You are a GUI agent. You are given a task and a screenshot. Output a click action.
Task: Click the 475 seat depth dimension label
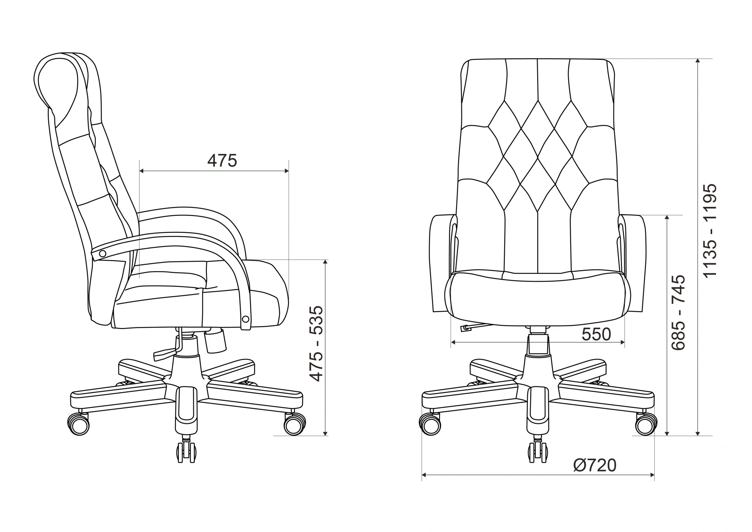tap(222, 161)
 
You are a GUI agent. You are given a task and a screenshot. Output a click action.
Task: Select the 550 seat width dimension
tap(596, 334)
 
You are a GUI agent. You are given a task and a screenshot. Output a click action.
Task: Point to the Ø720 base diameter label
tap(595, 465)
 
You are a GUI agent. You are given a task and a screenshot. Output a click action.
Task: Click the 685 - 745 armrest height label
tap(679, 313)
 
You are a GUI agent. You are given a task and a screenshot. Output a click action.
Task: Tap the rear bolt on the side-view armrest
tap(102, 254)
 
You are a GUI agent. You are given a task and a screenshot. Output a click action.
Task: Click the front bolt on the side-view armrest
tap(246, 319)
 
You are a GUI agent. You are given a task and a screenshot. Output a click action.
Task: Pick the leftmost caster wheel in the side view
tap(78, 424)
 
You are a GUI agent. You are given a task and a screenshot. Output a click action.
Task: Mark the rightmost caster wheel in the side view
tap(294, 424)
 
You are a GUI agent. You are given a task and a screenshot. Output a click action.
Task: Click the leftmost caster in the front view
tap(430, 424)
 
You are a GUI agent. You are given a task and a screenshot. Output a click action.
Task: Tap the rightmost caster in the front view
tap(646, 424)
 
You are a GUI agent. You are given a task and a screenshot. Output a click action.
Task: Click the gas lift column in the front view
tap(537, 344)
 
